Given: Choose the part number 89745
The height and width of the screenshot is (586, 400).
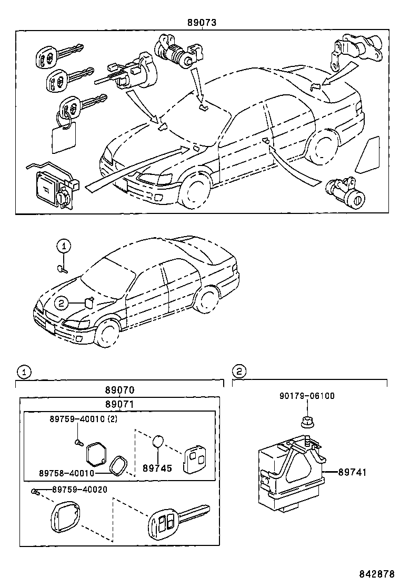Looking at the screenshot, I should [157, 468].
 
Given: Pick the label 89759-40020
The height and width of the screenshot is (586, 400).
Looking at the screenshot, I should [79, 490].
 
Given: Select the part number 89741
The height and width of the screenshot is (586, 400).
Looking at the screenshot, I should [352, 473].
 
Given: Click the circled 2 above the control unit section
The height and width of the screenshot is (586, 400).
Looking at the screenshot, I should [239, 372].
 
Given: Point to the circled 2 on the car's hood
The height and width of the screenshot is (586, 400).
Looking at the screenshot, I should [61, 302].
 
